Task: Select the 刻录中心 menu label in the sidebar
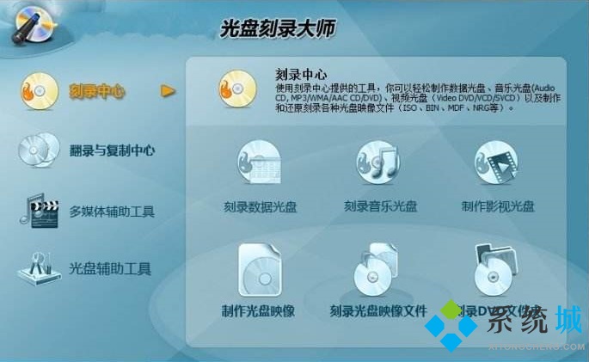[97, 91]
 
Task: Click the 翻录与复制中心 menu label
[113, 150]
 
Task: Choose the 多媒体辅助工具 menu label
[112, 211]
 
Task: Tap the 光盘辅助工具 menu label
[110, 268]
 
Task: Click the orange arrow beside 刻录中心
[169, 91]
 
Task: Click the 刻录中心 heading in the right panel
[301, 74]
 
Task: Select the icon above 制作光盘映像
[258, 269]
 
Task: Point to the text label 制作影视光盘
[498, 206]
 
